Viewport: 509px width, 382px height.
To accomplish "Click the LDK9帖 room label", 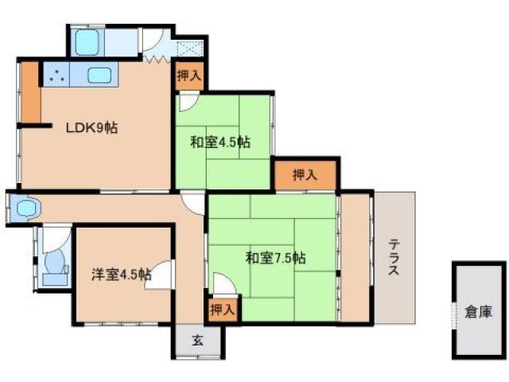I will (x=91, y=127).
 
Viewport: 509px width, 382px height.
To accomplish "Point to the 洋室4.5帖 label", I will (x=120, y=275).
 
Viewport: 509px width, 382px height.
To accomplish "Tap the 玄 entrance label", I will (x=197, y=340).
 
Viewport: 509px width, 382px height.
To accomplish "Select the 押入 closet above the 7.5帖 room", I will (x=305, y=174).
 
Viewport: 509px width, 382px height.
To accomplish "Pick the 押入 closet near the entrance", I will (x=221, y=308).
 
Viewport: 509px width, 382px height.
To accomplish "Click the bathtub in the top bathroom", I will (x=85, y=43).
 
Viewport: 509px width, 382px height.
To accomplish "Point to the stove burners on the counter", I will (x=56, y=76).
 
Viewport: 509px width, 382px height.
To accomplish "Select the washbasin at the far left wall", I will (x=25, y=209).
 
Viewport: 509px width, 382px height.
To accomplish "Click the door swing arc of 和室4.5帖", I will (x=187, y=102).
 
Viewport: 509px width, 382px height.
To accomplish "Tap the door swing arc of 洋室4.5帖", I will (x=161, y=272).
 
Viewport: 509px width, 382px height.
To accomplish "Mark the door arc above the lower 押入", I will (x=221, y=284).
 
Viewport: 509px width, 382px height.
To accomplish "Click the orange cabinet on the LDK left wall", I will (x=30, y=92).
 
